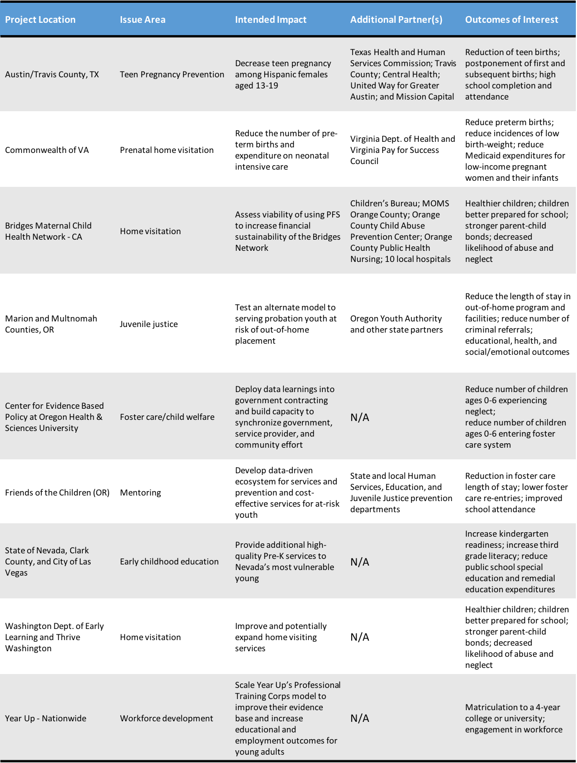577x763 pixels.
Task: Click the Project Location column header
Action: (x=40, y=19)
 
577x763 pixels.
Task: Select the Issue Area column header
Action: (x=142, y=19)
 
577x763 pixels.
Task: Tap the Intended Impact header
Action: (x=270, y=19)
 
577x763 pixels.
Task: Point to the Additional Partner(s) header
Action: (x=396, y=19)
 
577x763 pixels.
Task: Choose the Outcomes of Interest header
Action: (x=511, y=19)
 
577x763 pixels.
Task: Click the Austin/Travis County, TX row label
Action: (x=52, y=75)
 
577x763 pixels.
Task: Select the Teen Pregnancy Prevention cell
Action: (x=172, y=75)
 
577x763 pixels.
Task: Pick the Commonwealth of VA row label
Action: (x=47, y=150)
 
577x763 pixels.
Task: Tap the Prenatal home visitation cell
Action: (x=166, y=150)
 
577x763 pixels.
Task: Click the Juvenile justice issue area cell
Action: (x=149, y=324)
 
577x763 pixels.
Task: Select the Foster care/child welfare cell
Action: (x=167, y=417)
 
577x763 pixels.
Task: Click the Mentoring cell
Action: (x=140, y=493)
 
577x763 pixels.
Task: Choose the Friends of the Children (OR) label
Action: (x=57, y=493)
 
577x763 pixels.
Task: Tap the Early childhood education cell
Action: (x=169, y=562)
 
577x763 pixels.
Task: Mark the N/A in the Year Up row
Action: (x=359, y=719)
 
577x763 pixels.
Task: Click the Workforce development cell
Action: (x=166, y=719)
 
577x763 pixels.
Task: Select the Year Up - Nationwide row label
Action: (x=46, y=719)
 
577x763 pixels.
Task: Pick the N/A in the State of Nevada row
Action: (x=359, y=562)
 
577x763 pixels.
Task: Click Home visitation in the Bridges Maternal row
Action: (x=150, y=231)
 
